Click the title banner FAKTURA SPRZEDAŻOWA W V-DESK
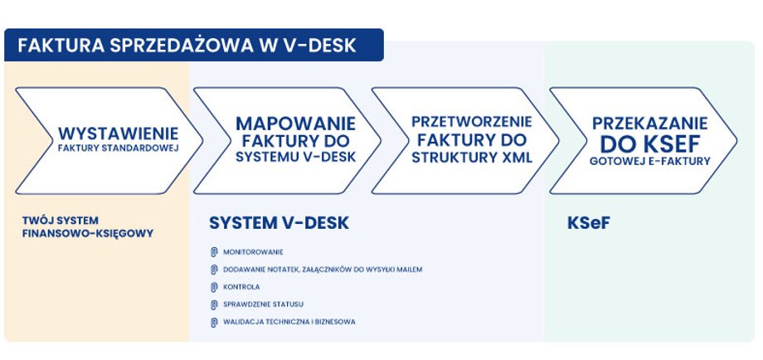194,45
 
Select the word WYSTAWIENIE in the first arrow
119,134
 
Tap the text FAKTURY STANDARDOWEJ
119,148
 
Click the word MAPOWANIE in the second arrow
296,124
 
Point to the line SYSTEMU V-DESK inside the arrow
296,157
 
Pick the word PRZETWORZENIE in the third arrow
472,121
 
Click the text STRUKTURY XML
472,158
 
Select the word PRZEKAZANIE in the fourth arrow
649,123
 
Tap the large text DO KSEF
649,144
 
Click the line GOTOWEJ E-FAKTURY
649,161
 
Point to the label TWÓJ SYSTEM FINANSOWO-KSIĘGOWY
88,227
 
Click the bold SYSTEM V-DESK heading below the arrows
279,223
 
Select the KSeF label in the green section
588,223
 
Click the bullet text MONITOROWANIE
253,252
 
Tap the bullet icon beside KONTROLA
214,287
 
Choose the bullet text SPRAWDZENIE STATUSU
263,304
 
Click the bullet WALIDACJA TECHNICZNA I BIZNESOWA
289,322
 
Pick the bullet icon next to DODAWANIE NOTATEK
214,270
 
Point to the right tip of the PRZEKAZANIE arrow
736,141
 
